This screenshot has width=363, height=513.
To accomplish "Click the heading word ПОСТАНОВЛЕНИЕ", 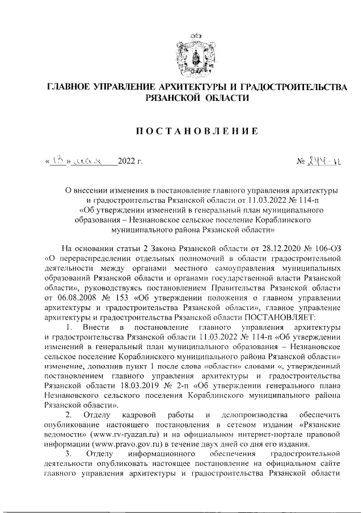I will (196, 132).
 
